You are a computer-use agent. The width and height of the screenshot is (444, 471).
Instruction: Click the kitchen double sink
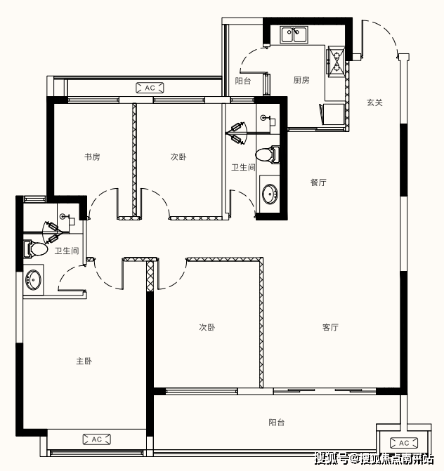tap(294, 35)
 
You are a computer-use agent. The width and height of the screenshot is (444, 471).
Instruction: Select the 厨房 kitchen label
tap(301, 80)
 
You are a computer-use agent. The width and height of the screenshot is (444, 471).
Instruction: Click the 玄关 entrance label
tap(374, 102)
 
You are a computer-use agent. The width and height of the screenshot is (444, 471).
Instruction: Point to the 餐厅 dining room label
tap(318, 183)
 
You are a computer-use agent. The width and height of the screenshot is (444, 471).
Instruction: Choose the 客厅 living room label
tap(330, 327)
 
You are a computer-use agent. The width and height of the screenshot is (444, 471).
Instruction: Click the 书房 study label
tap(92, 157)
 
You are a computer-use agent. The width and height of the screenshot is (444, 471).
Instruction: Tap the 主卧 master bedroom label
tap(84, 361)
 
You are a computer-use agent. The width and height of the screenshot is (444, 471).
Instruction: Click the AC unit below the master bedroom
tap(96, 439)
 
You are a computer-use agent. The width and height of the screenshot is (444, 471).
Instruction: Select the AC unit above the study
tap(150, 88)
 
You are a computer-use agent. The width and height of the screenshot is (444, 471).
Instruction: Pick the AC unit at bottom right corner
tap(404, 443)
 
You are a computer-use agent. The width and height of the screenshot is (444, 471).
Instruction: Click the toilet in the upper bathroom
tap(268, 154)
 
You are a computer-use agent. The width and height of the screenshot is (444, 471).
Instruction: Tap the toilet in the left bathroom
tap(35, 248)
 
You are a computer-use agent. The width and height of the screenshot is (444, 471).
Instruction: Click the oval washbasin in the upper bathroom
tap(270, 194)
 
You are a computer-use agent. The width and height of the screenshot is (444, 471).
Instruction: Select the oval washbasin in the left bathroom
tap(33, 279)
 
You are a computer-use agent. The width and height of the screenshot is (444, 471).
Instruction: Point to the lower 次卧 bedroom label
tap(207, 327)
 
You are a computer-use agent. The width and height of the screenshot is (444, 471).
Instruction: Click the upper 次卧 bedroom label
tap(178, 157)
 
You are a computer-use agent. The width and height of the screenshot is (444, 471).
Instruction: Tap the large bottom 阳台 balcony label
tap(277, 423)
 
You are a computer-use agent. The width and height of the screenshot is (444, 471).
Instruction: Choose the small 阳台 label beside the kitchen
tap(243, 81)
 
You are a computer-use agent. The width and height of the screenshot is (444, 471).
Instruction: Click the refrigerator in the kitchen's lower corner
tap(332, 114)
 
